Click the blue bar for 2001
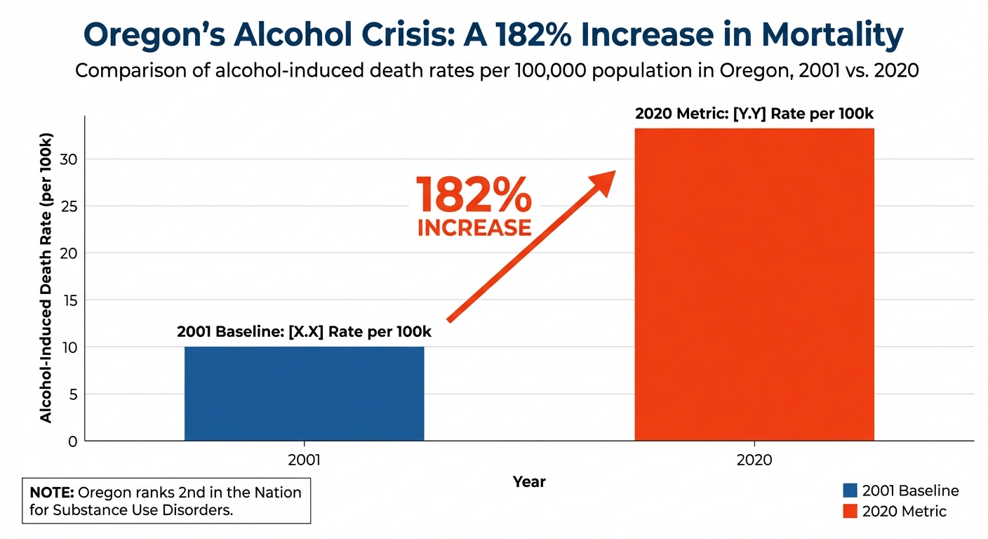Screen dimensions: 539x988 coord(304,393)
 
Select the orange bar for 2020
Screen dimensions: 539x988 coord(754,284)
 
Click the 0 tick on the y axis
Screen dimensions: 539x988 coord(72,441)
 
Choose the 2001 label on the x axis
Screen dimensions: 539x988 coord(304,460)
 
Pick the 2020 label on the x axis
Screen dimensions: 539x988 coord(754,460)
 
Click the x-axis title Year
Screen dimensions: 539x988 coord(529,482)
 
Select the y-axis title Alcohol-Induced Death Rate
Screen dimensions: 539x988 coord(46,277)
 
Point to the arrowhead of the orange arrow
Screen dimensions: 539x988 coord(605,178)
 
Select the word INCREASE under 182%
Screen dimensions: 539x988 coord(474,228)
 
